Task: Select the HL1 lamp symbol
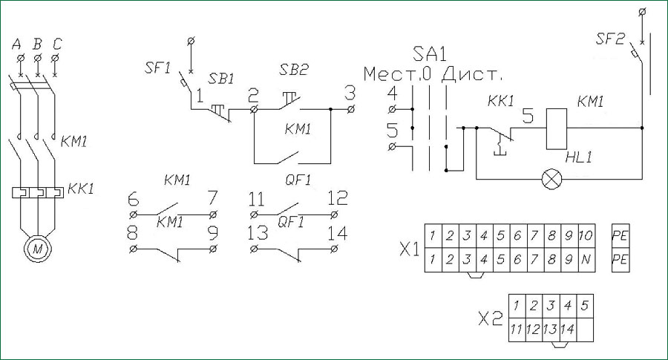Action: (551, 179)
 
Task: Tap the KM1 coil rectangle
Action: (557, 128)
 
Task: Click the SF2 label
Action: (610, 39)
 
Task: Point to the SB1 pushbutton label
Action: (221, 79)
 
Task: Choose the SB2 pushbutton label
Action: (294, 70)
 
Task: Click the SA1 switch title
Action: (430, 54)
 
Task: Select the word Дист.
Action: (473, 74)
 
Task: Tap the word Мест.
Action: (390, 74)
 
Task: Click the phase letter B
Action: (38, 44)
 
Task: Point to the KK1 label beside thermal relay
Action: (80, 189)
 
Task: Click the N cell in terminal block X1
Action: (586, 260)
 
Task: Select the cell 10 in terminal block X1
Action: (586, 235)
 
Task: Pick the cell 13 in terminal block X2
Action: (550, 330)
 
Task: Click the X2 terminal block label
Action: (491, 318)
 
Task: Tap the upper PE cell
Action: (620, 235)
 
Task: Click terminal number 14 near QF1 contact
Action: (337, 234)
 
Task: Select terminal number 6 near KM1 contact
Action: (134, 199)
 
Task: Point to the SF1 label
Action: (157, 68)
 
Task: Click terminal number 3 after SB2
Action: (350, 94)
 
